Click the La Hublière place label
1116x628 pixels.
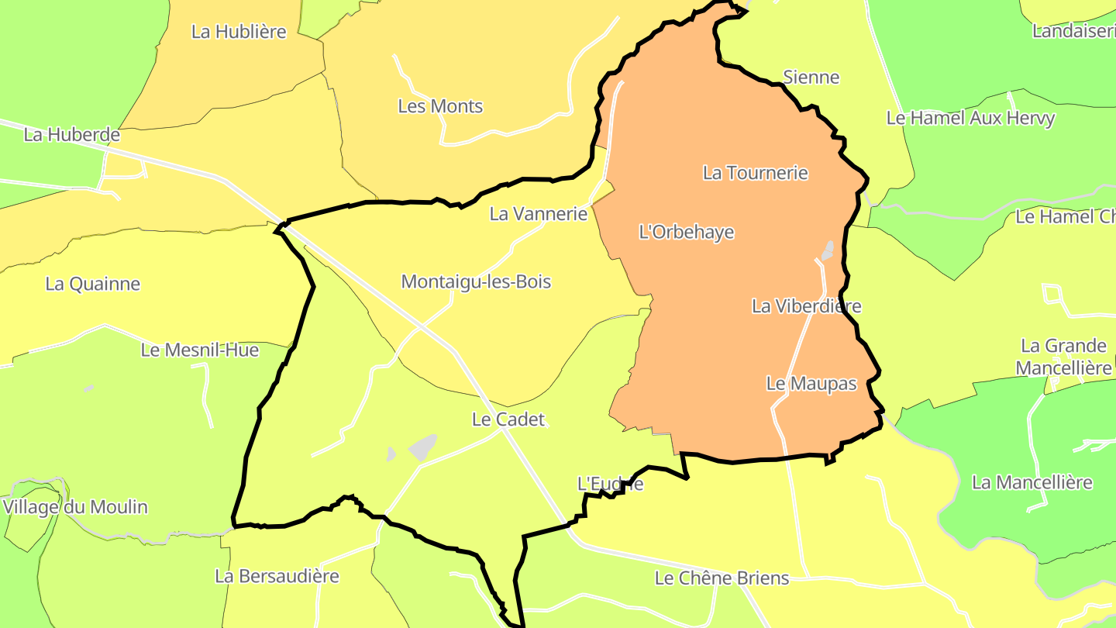(x=239, y=32)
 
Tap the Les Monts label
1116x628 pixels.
(x=440, y=106)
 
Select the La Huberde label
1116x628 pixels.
(x=72, y=134)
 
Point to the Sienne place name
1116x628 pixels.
(x=811, y=77)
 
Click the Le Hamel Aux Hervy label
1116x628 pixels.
(x=970, y=118)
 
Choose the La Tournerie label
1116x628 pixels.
(x=756, y=172)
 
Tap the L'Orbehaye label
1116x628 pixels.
(x=686, y=232)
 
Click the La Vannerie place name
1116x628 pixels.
(x=539, y=213)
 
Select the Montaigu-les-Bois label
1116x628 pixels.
(x=476, y=281)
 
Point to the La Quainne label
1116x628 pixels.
(x=93, y=284)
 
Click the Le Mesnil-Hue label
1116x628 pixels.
(x=200, y=350)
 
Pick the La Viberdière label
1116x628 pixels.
(x=806, y=306)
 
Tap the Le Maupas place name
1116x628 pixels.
(x=811, y=383)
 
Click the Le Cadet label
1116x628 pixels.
(x=508, y=419)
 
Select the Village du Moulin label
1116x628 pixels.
(x=75, y=507)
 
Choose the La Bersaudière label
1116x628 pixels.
(x=277, y=576)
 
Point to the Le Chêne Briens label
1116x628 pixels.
(x=722, y=578)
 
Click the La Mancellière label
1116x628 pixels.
(x=1032, y=482)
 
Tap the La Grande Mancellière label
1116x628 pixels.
(x=1064, y=357)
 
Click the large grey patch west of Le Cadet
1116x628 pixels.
(x=422, y=447)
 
